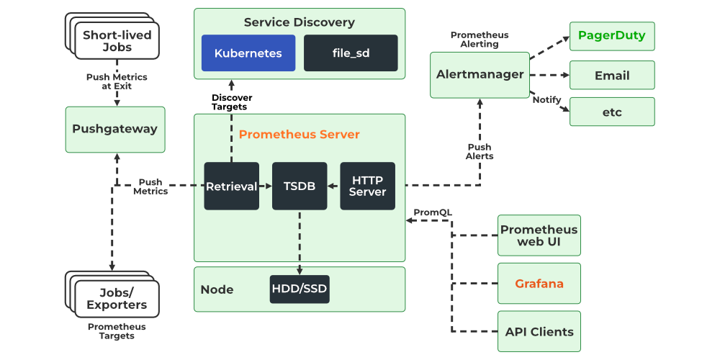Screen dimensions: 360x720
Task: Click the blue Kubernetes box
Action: click(x=248, y=53)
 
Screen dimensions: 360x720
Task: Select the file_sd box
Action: click(x=351, y=53)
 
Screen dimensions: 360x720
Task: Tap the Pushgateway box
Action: click(x=115, y=130)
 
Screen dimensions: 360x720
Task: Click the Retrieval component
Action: click(x=231, y=186)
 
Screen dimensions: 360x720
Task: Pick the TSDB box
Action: click(x=300, y=186)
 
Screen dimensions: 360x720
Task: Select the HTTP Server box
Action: click(x=367, y=186)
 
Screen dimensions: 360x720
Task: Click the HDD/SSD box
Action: click(x=300, y=289)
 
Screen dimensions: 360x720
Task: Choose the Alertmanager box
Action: click(x=480, y=74)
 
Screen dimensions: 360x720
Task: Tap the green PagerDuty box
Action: click(x=612, y=36)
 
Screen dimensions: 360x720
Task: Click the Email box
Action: click(x=612, y=75)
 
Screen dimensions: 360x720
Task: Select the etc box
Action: click(x=612, y=112)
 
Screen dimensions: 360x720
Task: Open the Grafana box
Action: click(x=539, y=284)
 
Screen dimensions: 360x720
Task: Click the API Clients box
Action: click(x=539, y=332)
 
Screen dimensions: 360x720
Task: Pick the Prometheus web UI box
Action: click(x=539, y=235)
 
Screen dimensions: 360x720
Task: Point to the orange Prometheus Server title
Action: click(x=299, y=135)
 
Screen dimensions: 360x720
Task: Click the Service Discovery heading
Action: click(x=299, y=22)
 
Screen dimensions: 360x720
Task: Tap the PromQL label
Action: click(x=433, y=212)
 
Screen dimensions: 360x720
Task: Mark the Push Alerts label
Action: click(x=480, y=151)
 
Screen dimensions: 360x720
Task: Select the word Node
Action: click(x=217, y=289)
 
